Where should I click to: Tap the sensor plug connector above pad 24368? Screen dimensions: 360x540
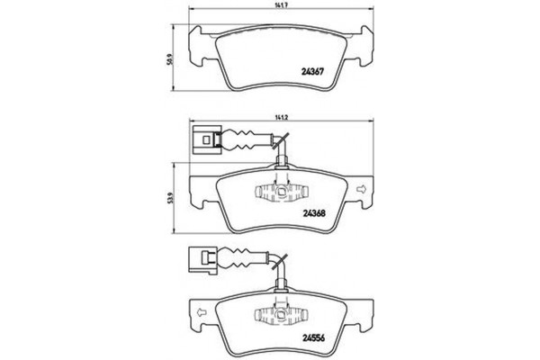(x=203, y=139)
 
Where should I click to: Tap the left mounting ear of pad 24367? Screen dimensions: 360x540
(x=193, y=40)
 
